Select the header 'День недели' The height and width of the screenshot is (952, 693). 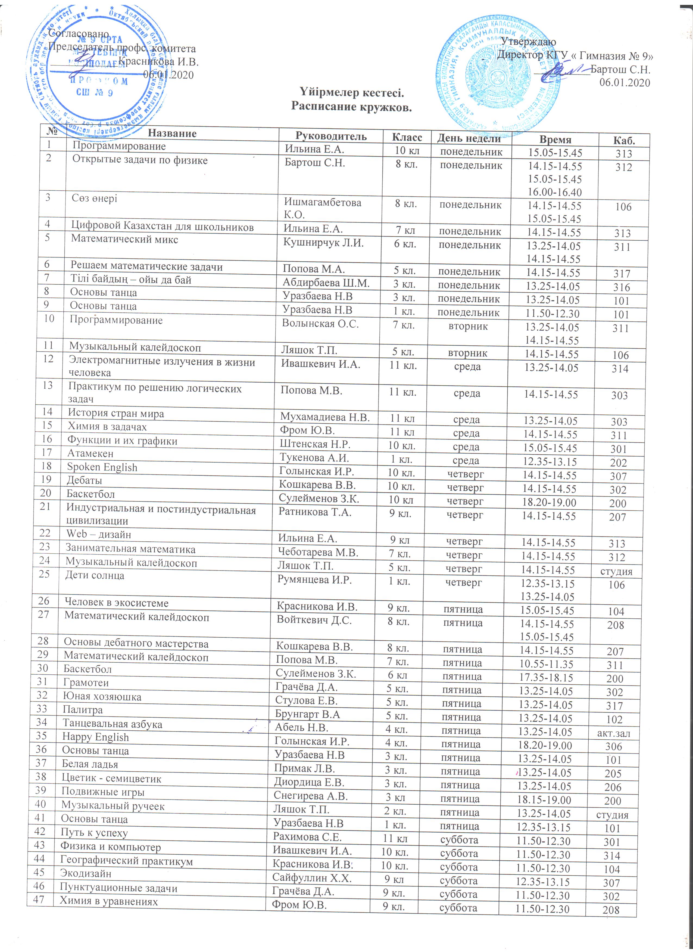click(x=469, y=138)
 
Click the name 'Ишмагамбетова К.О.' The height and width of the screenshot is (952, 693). click(x=322, y=208)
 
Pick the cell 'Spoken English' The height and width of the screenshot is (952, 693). click(x=102, y=467)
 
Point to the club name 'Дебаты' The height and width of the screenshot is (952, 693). click(x=84, y=480)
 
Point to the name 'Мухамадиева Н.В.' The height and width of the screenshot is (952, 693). click(x=325, y=417)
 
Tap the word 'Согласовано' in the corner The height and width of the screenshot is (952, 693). click(x=79, y=33)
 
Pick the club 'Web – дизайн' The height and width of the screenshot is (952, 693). click(x=99, y=534)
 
